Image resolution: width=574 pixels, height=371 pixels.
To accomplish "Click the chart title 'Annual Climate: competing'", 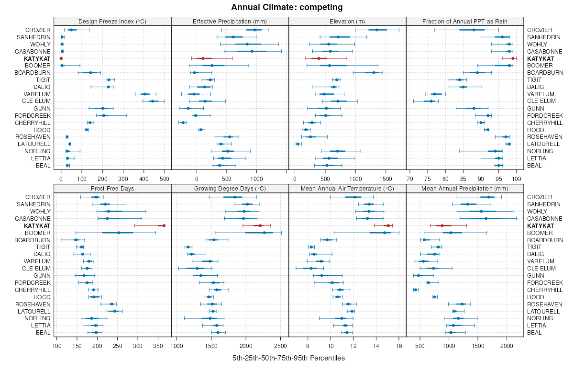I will (x=287, y=7).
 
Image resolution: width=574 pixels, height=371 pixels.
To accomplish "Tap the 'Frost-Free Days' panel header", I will (x=112, y=188).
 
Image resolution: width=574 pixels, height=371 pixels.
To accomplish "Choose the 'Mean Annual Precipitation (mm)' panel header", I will (x=465, y=188).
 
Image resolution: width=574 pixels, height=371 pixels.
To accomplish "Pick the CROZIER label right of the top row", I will (x=540, y=30).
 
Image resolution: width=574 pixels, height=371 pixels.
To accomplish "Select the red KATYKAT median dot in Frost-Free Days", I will (x=164, y=225).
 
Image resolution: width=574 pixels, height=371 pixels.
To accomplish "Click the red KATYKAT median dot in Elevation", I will (x=319, y=58).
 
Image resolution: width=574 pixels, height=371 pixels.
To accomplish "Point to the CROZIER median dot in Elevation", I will (x=377, y=30).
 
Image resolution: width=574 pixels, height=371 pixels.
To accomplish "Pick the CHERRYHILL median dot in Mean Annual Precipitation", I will (x=416, y=290).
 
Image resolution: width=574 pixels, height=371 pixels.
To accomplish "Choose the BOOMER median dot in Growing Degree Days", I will (x=265, y=233).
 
